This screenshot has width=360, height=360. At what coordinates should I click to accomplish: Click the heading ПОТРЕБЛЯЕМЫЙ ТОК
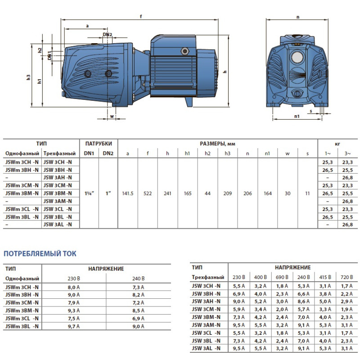40,254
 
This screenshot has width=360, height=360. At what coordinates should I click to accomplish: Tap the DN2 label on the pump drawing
107,35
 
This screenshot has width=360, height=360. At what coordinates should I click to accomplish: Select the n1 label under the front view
297,116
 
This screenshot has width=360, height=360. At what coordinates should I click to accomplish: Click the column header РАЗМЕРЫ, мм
217,144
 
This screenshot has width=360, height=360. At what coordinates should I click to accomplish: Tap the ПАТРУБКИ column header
98,144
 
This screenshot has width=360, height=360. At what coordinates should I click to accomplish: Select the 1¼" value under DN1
89,193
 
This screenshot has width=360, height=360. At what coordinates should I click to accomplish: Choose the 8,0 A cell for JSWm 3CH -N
73,287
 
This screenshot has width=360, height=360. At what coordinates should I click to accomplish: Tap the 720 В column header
346,277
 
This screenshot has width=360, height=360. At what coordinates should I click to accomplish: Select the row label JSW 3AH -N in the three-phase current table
207,301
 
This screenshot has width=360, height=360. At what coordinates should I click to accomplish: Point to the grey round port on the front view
297,58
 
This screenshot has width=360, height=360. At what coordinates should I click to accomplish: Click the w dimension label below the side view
111,117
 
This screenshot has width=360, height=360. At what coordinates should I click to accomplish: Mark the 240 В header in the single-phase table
138,279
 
